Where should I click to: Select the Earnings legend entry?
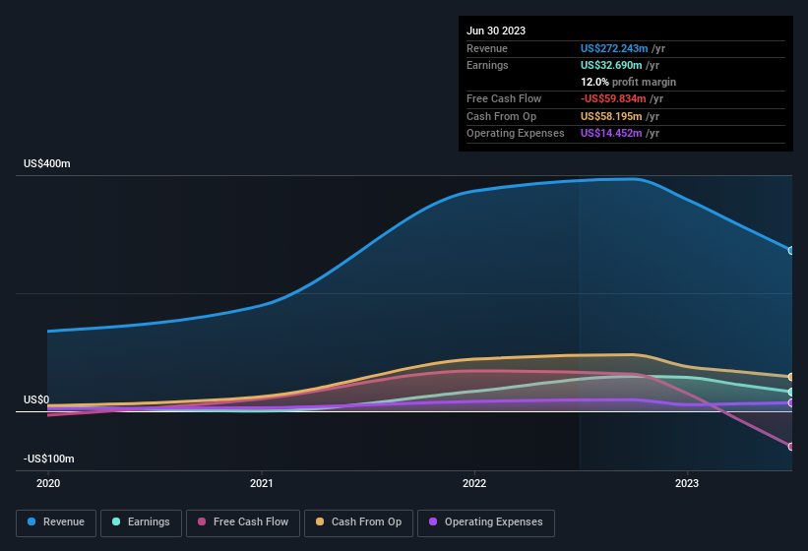(141, 521)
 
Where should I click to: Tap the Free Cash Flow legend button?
(243, 521)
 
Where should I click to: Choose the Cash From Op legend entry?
(359, 521)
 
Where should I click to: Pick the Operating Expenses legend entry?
(485, 521)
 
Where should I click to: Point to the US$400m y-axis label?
(47, 163)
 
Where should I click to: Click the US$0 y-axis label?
(36, 399)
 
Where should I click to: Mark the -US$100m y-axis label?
(49, 459)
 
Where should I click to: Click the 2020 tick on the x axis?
(48, 483)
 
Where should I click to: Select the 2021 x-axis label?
(262, 483)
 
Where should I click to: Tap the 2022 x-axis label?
(474, 483)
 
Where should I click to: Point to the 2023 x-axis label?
(687, 483)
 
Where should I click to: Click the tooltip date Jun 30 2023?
(496, 31)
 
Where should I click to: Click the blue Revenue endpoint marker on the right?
(791, 250)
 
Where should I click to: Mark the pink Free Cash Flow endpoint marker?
(791, 447)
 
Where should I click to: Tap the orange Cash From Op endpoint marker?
(791, 377)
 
